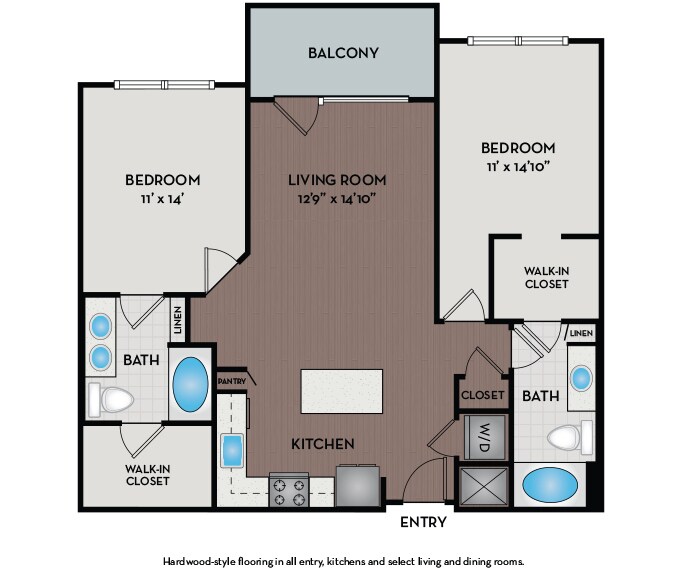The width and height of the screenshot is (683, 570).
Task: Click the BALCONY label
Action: [x=343, y=53]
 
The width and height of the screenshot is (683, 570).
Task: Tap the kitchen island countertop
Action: [x=342, y=391]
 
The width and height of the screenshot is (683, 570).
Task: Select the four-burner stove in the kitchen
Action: [x=289, y=489]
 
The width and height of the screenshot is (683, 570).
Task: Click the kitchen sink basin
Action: [x=232, y=451]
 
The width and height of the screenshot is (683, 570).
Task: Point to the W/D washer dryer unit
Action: [x=485, y=437]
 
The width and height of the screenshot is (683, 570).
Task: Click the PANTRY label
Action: [x=232, y=381]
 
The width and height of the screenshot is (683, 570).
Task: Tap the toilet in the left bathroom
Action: [x=111, y=399]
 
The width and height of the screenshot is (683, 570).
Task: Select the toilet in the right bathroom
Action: [x=570, y=437]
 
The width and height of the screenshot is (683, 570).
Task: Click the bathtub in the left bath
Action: [x=190, y=384]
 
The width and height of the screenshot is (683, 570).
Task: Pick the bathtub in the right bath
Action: [x=550, y=485]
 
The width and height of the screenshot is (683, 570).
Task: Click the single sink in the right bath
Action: [x=581, y=378]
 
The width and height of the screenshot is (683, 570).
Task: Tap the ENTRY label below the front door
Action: [x=423, y=522]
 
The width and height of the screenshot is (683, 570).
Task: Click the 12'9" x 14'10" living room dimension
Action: [x=337, y=199]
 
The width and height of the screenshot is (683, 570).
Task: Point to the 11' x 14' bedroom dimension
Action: [x=162, y=199]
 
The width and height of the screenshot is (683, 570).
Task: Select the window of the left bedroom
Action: [x=164, y=84]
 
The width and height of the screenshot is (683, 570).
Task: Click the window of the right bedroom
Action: [x=518, y=41]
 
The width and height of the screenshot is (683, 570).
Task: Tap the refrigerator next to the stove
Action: [x=358, y=486]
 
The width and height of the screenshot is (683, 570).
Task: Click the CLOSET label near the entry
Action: [x=482, y=395]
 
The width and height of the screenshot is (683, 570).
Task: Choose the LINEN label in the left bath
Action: [x=177, y=320]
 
